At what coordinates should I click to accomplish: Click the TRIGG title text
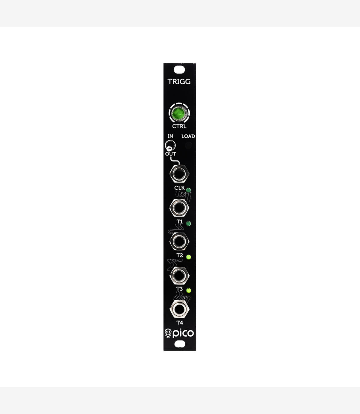(x=179, y=82)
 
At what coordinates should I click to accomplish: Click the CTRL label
(x=179, y=126)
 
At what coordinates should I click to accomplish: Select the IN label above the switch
(x=170, y=136)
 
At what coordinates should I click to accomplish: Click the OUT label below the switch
(x=170, y=154)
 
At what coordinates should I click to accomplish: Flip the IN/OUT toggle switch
(x=170, y=146)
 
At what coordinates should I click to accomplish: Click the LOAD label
(x=188, y=136)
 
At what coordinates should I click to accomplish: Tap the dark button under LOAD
(x=188, y=145)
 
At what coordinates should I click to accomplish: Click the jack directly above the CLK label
(x=179, y=174)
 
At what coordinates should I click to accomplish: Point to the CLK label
(x=179, y=188)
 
